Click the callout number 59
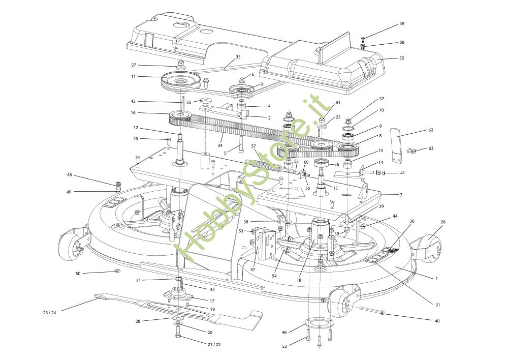[402, 24]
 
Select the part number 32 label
[401, 58]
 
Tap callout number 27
[134, 65]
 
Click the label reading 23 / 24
[50, 313]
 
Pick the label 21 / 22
[214, 344]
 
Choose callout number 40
[437, 321]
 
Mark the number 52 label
[284, 346]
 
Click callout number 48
[70, 175]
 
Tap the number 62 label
[431, 130]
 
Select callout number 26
[443, 222]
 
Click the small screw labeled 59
[363, 39]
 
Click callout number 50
[78, 274]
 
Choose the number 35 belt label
[238, 57]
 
